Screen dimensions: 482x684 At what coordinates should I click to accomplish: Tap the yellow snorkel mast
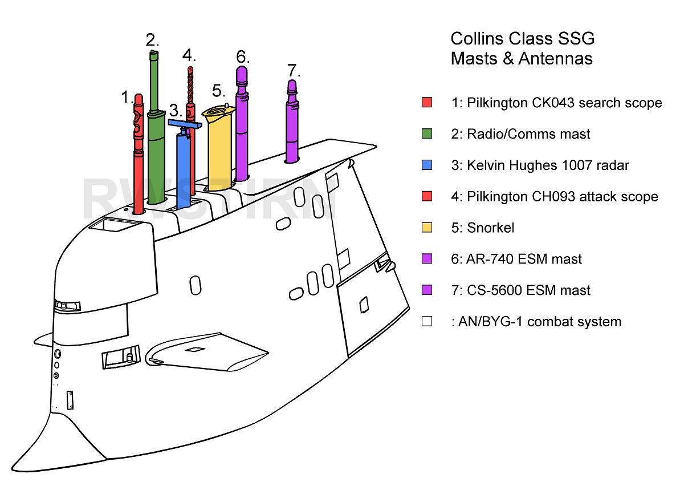point(221,148)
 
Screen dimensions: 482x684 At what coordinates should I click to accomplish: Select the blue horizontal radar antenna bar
point(185,123)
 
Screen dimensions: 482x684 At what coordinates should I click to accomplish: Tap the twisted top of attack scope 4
point(191,86)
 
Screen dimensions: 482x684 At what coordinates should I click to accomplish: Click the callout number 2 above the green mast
point(152,40)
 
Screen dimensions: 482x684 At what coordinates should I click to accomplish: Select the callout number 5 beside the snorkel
point(219,90)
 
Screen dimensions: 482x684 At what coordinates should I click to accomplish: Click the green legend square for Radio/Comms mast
point(427,134)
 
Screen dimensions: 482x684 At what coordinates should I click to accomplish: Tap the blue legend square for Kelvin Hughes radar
point(427,165)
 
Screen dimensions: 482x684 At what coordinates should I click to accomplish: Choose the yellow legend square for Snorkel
point(427,228)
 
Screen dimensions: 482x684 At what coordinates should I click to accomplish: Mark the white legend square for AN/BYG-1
point(427,322)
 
